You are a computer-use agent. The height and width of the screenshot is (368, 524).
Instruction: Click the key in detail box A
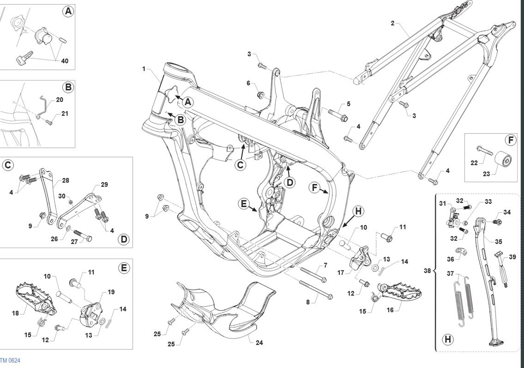tap(24, 57)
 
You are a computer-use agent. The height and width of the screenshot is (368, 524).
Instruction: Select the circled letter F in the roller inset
tap(510, 140)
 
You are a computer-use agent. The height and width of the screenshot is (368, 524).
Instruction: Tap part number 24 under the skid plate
tap(259, 343)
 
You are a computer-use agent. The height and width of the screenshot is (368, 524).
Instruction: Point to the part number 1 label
tap(144, 69)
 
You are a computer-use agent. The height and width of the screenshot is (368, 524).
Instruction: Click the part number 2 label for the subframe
tap(392, 23)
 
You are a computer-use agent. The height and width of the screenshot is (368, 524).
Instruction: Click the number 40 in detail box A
tap(65, 61)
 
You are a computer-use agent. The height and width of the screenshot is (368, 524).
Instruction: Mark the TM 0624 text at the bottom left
tap(10, 361)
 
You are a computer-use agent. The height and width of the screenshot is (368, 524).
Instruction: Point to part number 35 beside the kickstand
tap(499, 242)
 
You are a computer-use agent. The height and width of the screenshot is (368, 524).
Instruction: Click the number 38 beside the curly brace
tap(427, 270)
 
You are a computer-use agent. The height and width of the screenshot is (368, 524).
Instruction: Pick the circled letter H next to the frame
tap(358, 211)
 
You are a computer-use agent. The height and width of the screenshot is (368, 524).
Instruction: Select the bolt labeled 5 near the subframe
tap(338, 115)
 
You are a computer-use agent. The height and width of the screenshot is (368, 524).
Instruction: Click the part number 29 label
tap(104, 185)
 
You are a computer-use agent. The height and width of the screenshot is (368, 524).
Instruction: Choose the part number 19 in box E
tap(111, 292)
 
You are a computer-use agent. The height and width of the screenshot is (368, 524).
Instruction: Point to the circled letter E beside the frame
tap(244, 204)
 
